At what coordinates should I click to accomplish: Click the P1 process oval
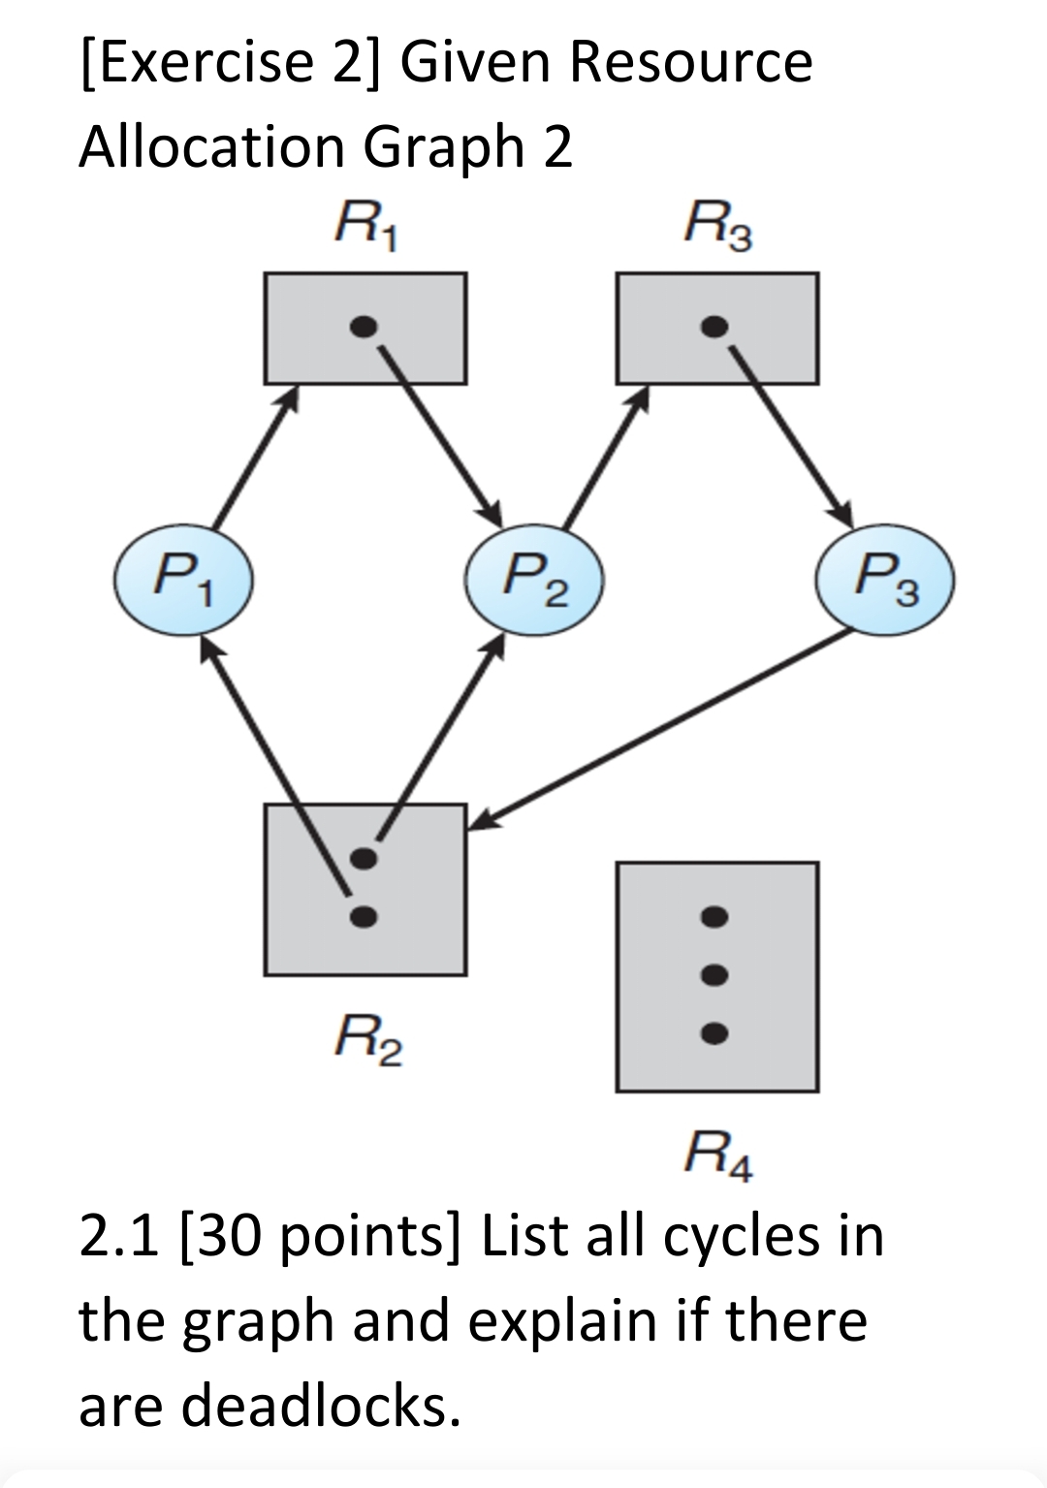(x=184, y=581)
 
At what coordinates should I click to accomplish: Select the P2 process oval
(x=535, y=581)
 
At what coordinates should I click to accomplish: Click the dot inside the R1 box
(x=362, y=327)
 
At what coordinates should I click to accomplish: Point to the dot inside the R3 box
(x=714, y=327)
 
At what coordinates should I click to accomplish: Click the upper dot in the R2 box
(x=363, y=858)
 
